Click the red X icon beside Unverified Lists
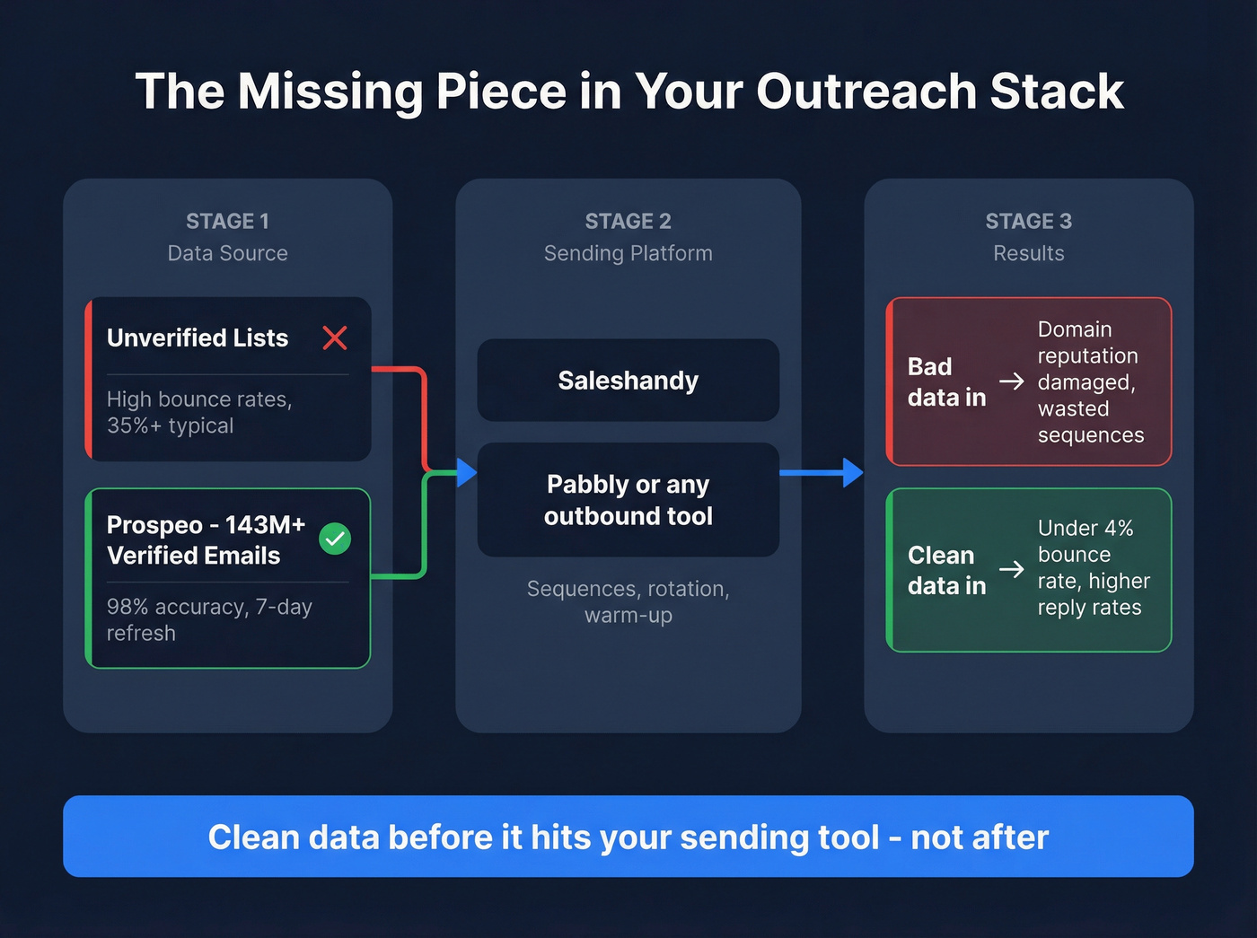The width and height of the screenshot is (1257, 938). (x=335, y=338)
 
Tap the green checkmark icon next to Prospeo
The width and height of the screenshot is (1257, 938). (x=335, y=539)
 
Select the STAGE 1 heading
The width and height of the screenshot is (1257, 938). (x=227, y=221)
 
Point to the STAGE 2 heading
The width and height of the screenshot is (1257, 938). (x=628, y=221)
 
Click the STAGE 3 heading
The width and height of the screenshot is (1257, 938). (x=1028, y=221)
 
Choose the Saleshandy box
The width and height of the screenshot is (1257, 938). (x=628, y=381)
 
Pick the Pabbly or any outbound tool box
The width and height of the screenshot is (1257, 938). (x=628, y=500)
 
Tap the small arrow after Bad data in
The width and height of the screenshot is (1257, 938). (x=1012, y=381)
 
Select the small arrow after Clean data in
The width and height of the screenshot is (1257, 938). (x=1012, y=569)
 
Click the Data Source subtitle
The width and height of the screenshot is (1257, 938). (x=227, y=253)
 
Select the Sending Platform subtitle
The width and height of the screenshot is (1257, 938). (x=628, y=253)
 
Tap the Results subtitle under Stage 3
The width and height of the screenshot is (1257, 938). (x=1028, y=253)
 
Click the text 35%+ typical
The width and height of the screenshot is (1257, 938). (x=170, y=425)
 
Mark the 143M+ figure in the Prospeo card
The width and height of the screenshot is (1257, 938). (x=265, y=524)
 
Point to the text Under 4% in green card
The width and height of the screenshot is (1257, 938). (x=1086, y=528)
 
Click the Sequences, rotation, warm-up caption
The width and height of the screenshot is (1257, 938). (x=628, y=601)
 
